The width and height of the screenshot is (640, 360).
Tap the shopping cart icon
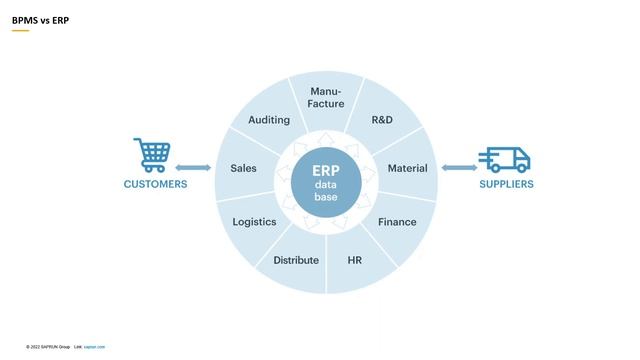click(x=152, y=156)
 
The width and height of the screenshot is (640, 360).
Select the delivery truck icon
click(x=504, y=159)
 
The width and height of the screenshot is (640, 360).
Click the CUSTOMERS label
click(x=155, y=184)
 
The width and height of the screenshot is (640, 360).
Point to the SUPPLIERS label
click(x=506, y=184)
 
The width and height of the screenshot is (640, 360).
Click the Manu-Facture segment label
click(x=326, y=98)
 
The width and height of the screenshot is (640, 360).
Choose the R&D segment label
click(x=382, y=120)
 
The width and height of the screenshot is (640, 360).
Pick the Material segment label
click(x=407, y=168)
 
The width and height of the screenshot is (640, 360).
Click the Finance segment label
click(x=397, y=222)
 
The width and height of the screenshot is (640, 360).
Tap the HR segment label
click(x=354, y=260)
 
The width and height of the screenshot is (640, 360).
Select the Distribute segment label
click(x=296, y=260)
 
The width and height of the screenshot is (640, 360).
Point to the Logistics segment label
click(x=254, y=222)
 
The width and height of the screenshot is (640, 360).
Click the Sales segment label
click(x=243, y=168)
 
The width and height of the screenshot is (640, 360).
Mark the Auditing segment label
click(x=269, y=120)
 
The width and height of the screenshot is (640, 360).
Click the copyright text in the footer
click(x=47, y=347)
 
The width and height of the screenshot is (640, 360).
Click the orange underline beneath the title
click(x=20, y=31)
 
